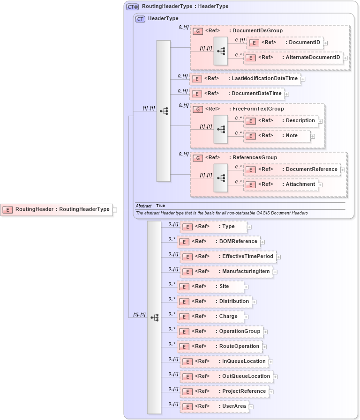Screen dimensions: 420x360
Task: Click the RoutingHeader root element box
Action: tap(56, 209)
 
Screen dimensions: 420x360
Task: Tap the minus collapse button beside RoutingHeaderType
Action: tap(115, 210)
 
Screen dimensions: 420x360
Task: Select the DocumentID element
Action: tap(285, 43)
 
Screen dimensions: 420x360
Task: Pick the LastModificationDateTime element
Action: tap(245, 79)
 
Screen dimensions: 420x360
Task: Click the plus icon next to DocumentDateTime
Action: tap(287, 94)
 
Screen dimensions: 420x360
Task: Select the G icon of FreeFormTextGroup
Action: tap(198, 109)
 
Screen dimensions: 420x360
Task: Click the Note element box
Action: tap(277, 136)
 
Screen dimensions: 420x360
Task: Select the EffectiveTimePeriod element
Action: tap(228, 257)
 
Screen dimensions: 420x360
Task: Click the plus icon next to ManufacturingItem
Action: tap(275, 272)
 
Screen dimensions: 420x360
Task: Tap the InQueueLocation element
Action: tap(224, 361)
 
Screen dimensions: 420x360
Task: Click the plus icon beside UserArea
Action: tap(251, 407)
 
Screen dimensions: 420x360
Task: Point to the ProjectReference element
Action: tap(225, 391)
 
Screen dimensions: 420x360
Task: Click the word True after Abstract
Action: tap(160, 206)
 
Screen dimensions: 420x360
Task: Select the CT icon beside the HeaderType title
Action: tap(140, 19)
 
